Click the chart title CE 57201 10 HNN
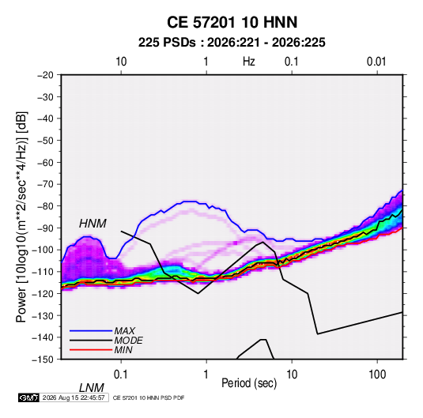pyautogui.click(x=232, y=22)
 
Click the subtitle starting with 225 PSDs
pyautogui.click(x=232, y=43)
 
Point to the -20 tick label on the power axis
pyautogui.click(x=45, y=75)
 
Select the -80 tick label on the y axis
pyautogui.click(x=45, y=206)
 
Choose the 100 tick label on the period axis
pyautogui.click(x=377, y=375)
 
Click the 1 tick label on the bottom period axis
pyautogui.click(x=206, y=375)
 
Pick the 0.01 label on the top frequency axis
pyautogui.click(x=376, y=62)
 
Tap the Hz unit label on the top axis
pyautogui.click(x=249, y=62)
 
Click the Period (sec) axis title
pyautogui.click(x=249, y=383)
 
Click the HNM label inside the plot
pyautogui.click(x=93, y=224)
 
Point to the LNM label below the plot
pyautogui.click(x=91, y=388)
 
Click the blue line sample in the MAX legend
pyautogui.click(x=91, y=330)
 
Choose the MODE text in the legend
pyautogui.click(x=128, y=341)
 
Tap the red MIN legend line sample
pyautogui.click(x=91, y=350)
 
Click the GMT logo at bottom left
pyautogui.click(x=28, y=397)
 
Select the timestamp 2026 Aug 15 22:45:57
pyautogui.click(x=74, y=397)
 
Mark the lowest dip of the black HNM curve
pyautogui.click(x=318, y=334)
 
